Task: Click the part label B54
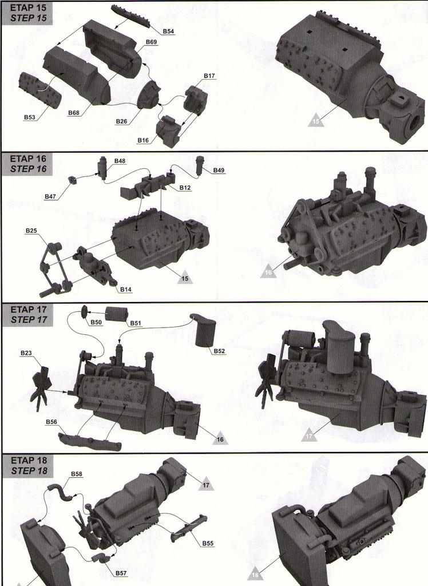168,31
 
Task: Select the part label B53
30,117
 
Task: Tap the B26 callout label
121,121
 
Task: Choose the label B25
31,230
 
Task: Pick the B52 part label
219,351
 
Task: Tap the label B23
26,353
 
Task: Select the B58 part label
76,474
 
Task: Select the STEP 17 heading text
25,319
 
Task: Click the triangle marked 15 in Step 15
315,121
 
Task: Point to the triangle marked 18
255,574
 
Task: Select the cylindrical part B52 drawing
205,331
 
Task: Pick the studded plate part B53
40,90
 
